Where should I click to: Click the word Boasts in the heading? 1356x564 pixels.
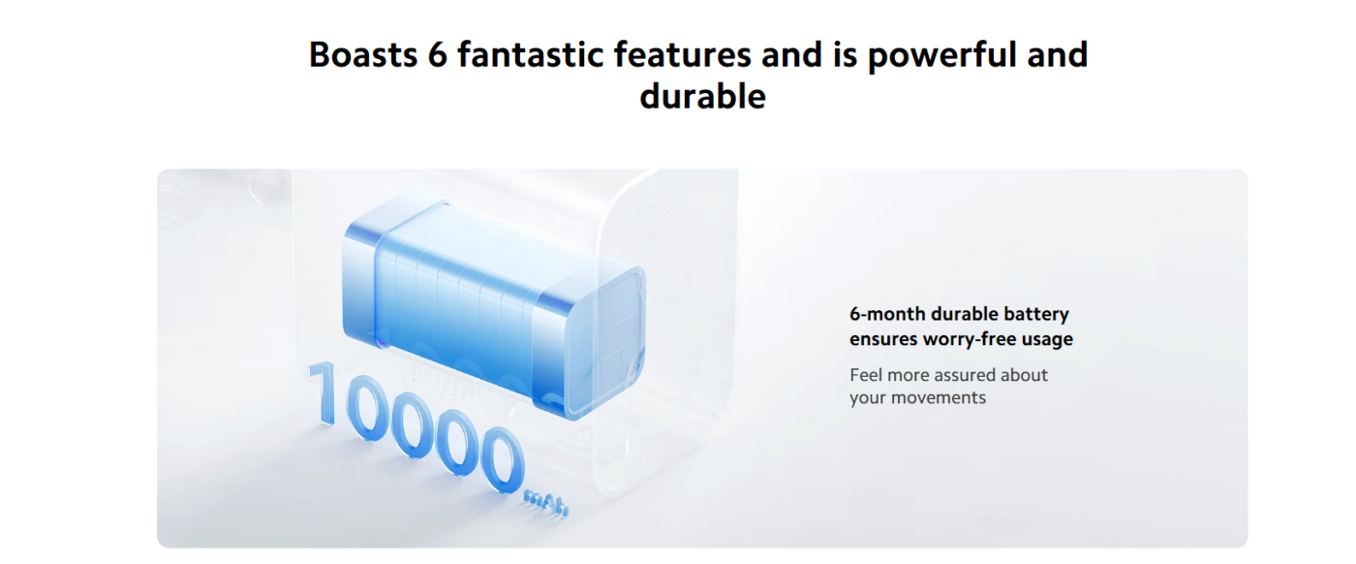(363, 54)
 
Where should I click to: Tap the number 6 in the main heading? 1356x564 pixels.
(438, 54)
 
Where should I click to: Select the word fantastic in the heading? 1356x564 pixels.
(531, 54)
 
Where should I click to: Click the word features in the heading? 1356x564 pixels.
(683, 54)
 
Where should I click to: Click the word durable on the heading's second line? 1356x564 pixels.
(703, 96)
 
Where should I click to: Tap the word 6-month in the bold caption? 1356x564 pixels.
(887, 314)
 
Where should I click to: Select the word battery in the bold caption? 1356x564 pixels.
(1036, 315)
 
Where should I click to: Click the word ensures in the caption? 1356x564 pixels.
(883, 339)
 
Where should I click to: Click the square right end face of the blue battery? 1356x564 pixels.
(605, 344)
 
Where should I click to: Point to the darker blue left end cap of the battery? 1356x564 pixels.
(362, 285)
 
